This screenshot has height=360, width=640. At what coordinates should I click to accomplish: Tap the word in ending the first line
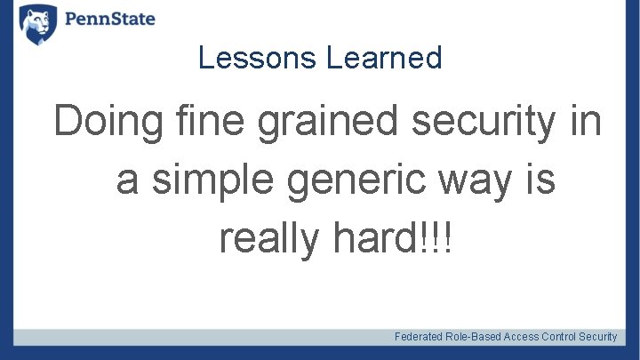pos(585,122)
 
